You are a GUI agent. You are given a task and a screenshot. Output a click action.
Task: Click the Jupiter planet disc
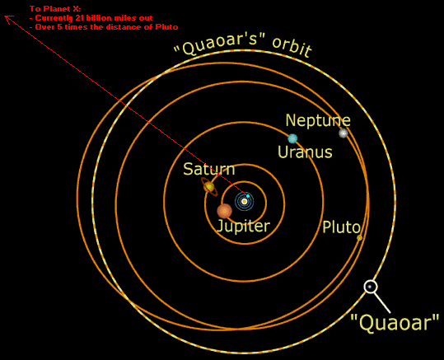[x=225, y=211]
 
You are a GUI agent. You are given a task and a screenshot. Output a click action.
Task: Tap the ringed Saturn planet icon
[x=209, y=187]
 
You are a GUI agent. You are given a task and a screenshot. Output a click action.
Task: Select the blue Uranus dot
[x=292, y=138]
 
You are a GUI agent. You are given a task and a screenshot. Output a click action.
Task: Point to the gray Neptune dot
[x=344, y=133]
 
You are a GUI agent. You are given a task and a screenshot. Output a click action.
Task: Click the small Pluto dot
[x=359, y=238]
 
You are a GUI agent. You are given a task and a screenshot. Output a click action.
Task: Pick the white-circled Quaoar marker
[x=371, y=287]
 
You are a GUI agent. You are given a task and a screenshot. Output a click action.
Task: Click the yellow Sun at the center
[x=245, y=201]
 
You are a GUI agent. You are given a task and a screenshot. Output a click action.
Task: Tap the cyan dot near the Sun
[x=248, y=196]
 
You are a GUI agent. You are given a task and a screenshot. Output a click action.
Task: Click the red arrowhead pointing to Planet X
[x=8, y=19]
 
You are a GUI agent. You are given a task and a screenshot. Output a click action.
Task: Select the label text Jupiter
[x=243, y=226]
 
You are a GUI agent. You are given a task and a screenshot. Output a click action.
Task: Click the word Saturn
[x=209, y=169]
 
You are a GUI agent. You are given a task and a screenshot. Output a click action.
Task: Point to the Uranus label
[x=305, y=152]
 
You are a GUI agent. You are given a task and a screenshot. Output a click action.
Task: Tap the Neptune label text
[x=318, y=120]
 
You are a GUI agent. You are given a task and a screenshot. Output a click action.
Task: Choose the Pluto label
[x=342, y=227]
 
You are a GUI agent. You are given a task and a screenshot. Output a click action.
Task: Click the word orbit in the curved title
[x=292, y=47]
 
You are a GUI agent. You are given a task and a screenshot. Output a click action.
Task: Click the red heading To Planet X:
[x=55, y=9]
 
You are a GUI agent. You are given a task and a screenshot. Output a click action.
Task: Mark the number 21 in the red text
[x=80, y=18]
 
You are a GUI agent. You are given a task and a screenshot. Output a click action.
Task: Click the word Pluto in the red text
[x=166, y=27]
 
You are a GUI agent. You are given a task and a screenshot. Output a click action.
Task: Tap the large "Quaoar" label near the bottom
[x=395, y=322]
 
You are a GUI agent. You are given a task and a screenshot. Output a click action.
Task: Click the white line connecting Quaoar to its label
[x=382, y=302]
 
